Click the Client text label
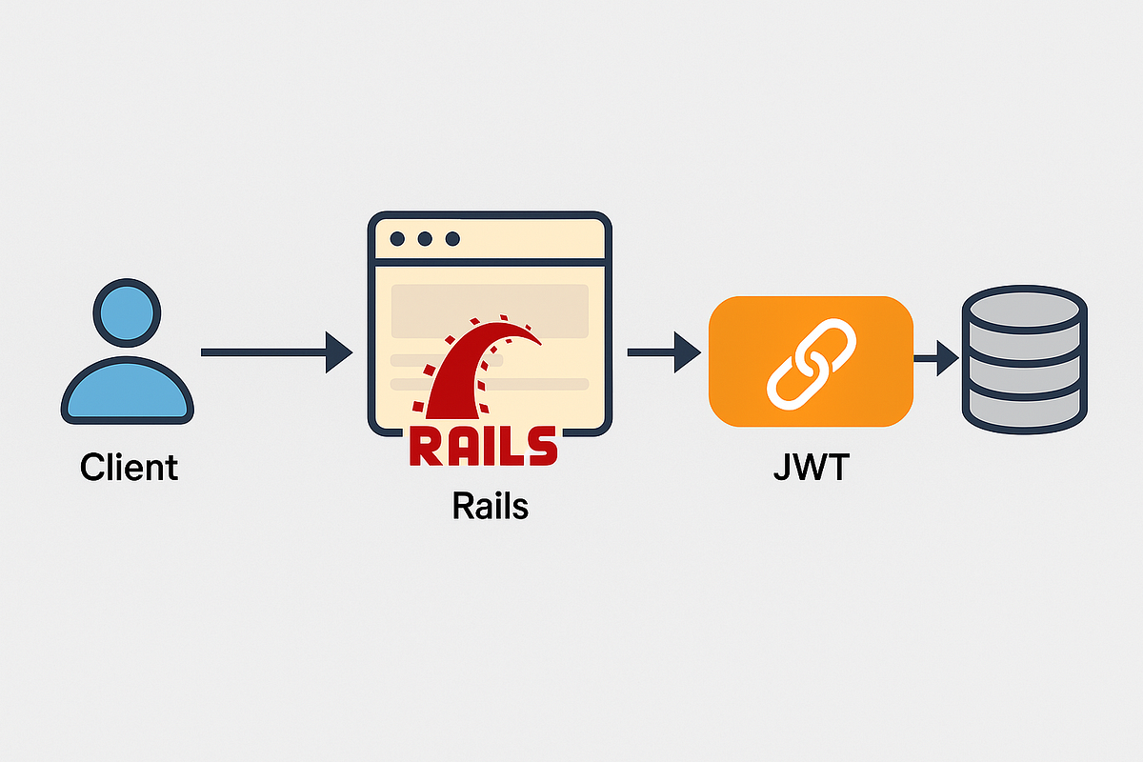coord(129,468)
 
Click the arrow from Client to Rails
coord(276,352)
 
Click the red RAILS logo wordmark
coord(482,447)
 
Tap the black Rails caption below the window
coord(490,505)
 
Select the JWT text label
coord(812,468)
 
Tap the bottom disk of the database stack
coord(1024,408)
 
